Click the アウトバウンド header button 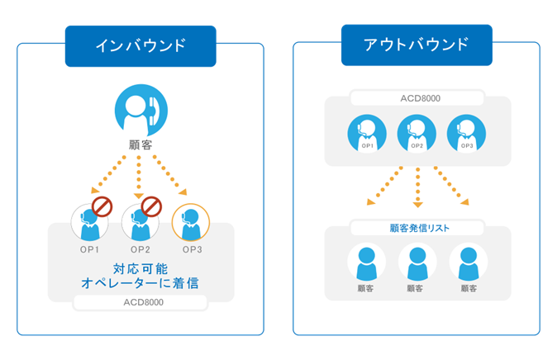coord(417,45)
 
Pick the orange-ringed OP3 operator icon coord(190,221)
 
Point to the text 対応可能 coord(140,268)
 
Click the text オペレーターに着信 coord(140,283)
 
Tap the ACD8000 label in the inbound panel coord(140,302)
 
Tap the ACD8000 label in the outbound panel coord(417,98)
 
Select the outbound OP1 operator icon coord(368,132)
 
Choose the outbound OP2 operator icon coord(417,132)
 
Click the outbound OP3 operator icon coord(467,132)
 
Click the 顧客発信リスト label coord(418,227)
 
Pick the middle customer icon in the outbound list coord(418,263)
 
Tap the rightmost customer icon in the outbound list coord(469,263)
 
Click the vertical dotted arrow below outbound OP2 coord(417,186)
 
